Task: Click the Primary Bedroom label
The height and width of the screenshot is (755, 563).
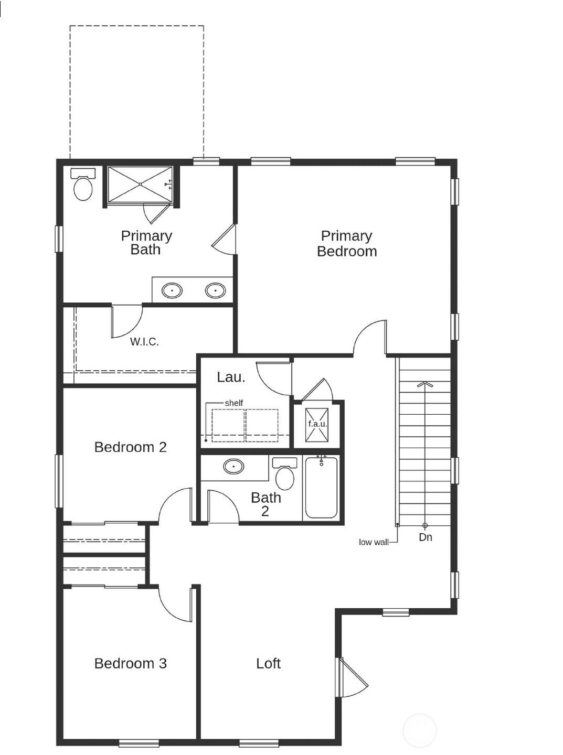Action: (x=347, y=244)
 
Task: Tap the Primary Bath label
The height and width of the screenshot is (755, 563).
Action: (x=146, y=243)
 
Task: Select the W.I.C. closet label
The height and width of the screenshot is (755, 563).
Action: (x=144, y=342)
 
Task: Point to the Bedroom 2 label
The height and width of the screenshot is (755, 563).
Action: (x=130, y=447)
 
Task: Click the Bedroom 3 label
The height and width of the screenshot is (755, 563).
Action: (x=130, y=663)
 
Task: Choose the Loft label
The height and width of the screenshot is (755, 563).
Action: (x=268, y=663)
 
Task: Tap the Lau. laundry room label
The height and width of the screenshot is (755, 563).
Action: (x=231, y=377)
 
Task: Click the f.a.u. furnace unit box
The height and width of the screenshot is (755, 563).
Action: (x=317, y=424)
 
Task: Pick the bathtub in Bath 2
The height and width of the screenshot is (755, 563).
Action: (x=321, y=488)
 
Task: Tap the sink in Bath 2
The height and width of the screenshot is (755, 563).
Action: (x=233, y=466)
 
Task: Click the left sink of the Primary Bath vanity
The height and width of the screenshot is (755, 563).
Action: (x=172, y=290)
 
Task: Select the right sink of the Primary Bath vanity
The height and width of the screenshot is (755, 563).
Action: (x=215, y=290)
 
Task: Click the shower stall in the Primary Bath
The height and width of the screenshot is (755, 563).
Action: (x=140, y=184)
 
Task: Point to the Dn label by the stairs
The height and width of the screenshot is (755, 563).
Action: (x=426, y=537)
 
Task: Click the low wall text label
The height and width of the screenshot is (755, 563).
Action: (x=374, y=542)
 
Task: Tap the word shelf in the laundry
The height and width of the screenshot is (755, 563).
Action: (x=233, y=403)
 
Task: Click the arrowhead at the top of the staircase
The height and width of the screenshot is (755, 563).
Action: (x=424, y=385)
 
